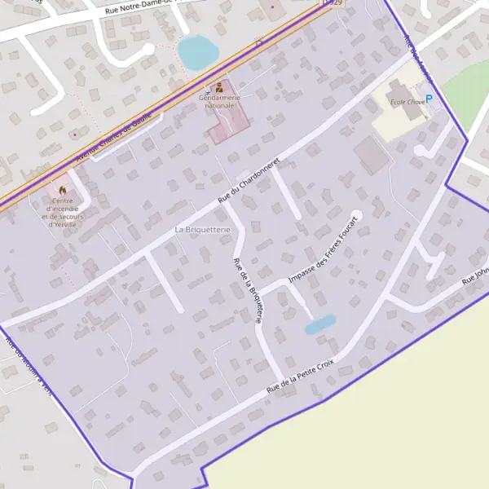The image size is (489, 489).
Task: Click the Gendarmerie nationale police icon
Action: pos(218,87)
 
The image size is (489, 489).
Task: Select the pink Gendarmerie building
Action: pos(229,122)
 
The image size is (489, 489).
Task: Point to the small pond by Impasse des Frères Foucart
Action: pos(319,324)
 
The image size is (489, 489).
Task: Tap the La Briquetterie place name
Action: pos(203,231)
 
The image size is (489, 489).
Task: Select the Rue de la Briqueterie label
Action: pos(248,291)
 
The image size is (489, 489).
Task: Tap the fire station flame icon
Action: pos(62,190)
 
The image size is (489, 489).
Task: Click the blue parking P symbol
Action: pos(430,99)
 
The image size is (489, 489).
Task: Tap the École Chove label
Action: pos(408,101)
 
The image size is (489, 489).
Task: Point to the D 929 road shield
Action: pos(328,3)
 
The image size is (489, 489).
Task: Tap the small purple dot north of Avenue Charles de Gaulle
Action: pos(75,134)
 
